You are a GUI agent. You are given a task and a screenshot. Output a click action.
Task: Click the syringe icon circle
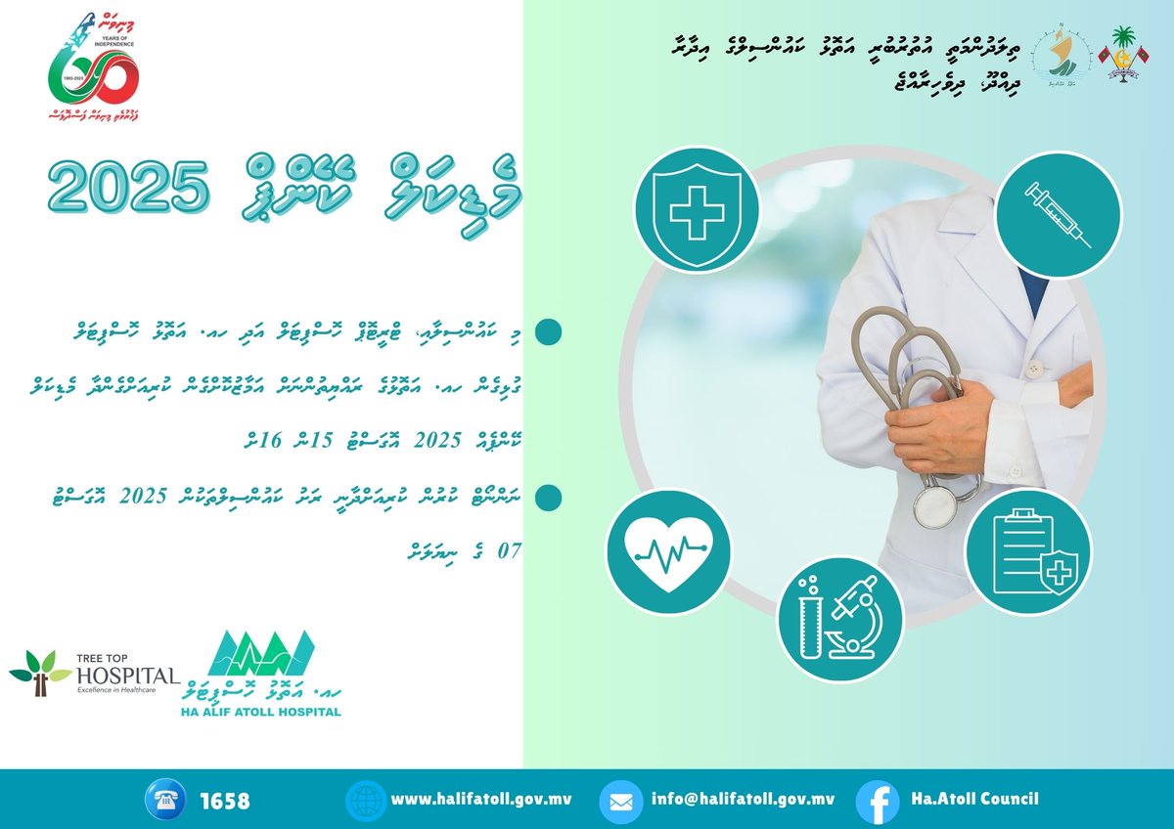[x=1058, y=214]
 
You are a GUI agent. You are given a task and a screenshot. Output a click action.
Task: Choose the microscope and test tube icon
[x=840, y=620]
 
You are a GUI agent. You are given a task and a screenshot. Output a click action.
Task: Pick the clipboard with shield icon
[x=1028, y=552]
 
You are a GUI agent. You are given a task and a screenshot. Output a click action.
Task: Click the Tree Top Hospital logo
[x=94, y=673]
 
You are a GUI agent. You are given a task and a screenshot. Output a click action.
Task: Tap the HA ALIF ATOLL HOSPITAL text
[x=262, y=712]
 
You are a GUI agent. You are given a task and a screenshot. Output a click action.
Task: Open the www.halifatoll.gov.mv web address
[x=481, y=799]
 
